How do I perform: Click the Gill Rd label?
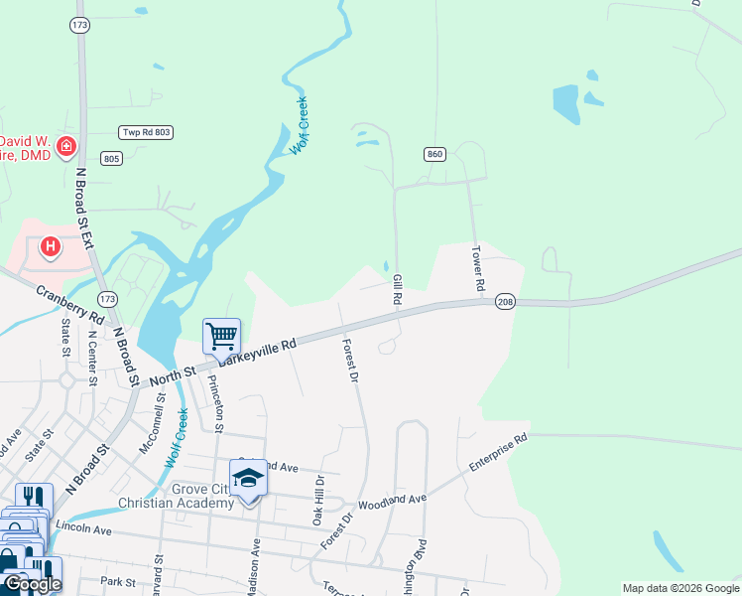397,290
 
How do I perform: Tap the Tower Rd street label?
477,268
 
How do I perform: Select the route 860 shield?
434,154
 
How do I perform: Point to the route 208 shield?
505,301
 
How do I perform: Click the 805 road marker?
111,158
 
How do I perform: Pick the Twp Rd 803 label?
146,132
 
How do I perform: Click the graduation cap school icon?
248,477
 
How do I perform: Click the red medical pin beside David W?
65,148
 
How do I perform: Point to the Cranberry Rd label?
69,305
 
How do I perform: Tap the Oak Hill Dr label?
318,499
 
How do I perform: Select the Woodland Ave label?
398,504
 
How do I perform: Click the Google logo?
32,584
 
